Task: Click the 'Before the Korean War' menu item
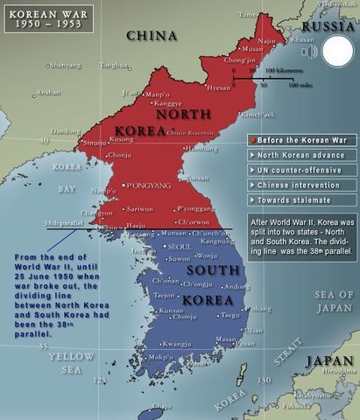pyautogui.click(x=300, y=138)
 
